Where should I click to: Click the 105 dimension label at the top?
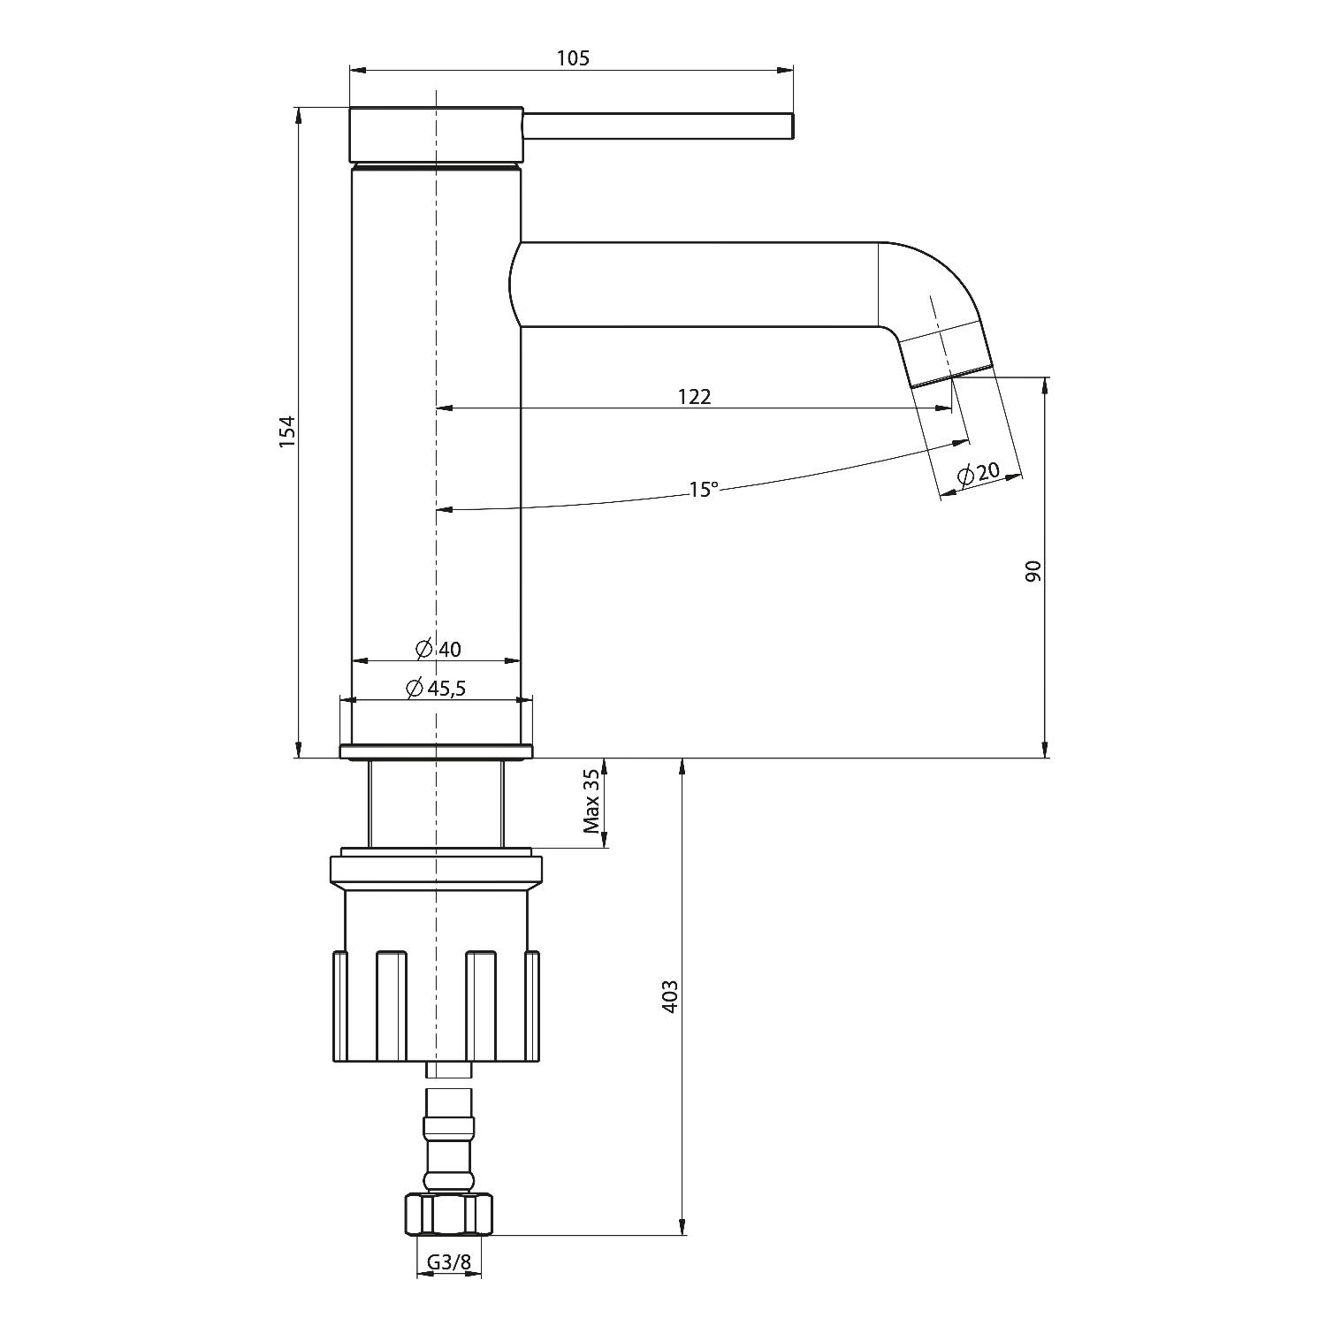pos(573,58)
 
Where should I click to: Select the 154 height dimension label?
pos(286,431)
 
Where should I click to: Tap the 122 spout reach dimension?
pos(694,397)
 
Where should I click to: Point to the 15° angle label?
pos(704,489)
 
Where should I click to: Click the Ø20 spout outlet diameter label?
pos(978,473)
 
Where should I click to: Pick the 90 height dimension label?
pos(1034,570)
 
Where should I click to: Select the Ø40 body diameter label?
pos(438,649)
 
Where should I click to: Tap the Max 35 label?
pos(591,802)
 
